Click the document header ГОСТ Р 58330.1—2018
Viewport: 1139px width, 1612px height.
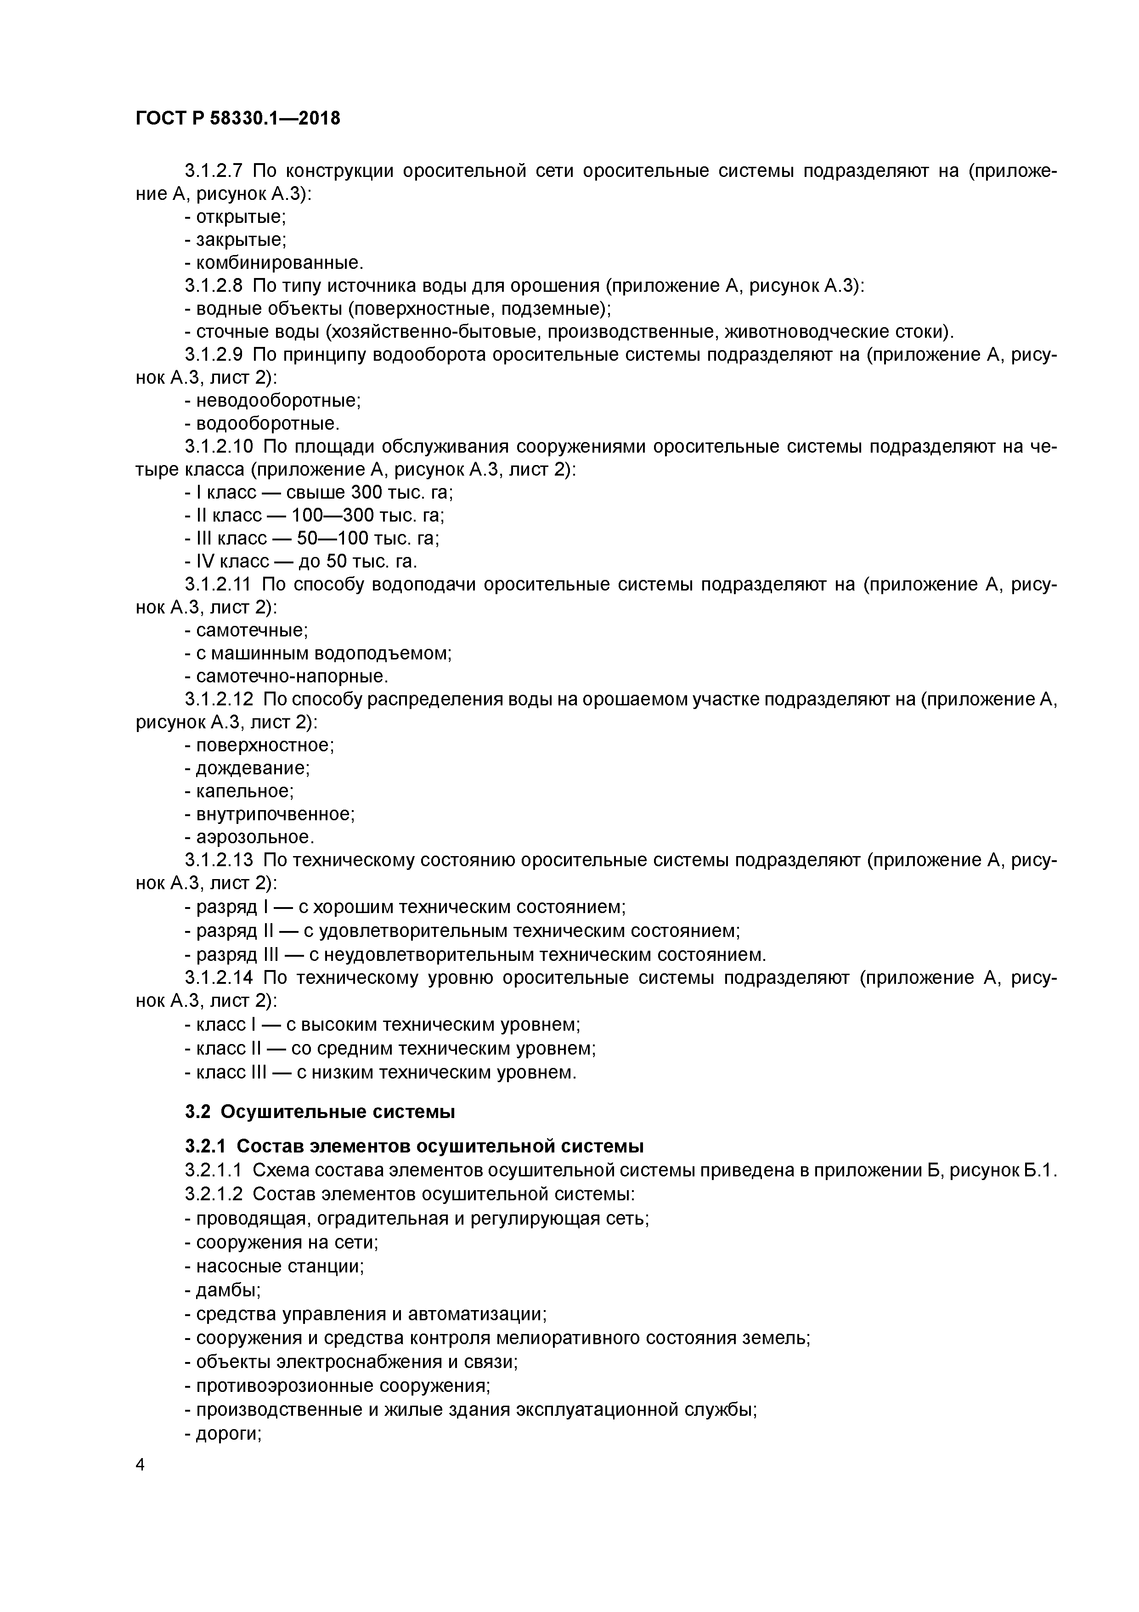point(237,118)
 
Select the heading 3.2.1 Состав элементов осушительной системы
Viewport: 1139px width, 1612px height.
point(414,1146)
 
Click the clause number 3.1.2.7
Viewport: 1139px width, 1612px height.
point(214,170)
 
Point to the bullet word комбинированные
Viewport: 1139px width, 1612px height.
point(279,263)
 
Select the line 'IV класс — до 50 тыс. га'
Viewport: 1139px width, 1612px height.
point(302,562)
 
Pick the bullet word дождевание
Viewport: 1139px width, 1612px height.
point(253,768)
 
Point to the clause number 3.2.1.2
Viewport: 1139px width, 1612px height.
point(214,1193)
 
